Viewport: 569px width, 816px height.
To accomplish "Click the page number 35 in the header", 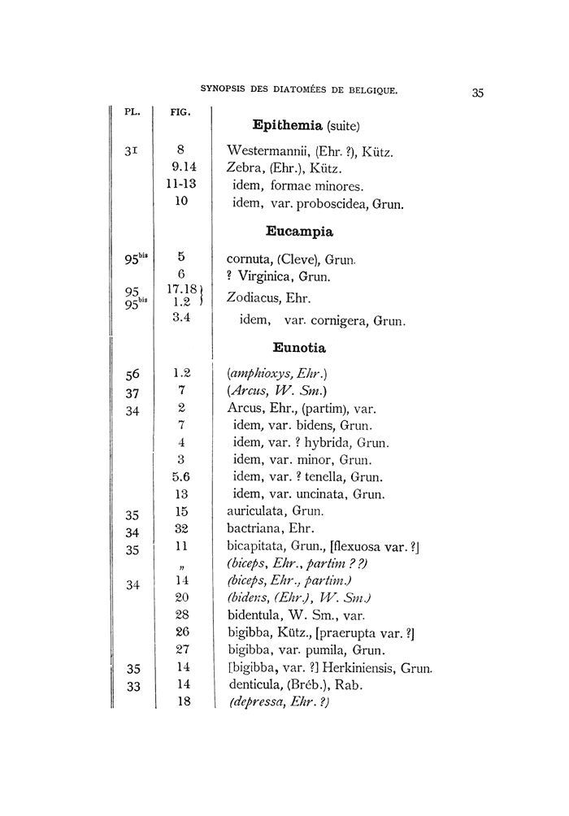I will [477, 93].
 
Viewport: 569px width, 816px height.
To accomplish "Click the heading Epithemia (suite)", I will [306, 126].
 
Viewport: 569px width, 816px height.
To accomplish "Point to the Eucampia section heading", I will [300, 232].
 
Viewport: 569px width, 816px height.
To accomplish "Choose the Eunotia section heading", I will [301, 349].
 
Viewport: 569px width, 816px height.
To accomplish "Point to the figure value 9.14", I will [182, 169].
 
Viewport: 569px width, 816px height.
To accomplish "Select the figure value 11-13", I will [182, 185].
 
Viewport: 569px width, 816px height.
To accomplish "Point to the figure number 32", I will [182, 529].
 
